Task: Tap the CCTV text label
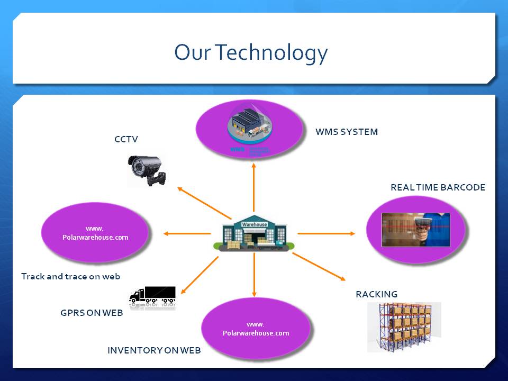pyautogui.click(x=126, y=139)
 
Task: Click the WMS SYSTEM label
pyautogui.click(x=347, y=132)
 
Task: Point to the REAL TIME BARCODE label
pyautogui.click(x=438, y=187)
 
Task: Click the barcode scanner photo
pyautogui.click(x=416, y=230)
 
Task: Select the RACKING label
pyautogui.click(x=376, y=294)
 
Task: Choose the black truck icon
pyautogui.click(x=152, y=296)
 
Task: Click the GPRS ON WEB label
pyautogui.click(x=92, y=313)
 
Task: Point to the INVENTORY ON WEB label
pyautogui.click(x=154, y=350)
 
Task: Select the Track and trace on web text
pyautogui.click(x=70, y=276)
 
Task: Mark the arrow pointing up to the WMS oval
pyautogui.click(x=254, y=188)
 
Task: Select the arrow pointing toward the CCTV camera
pyautogui.click(x=204, y=203)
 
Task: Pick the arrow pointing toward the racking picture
pyautogui.click(x=319, y=266)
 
